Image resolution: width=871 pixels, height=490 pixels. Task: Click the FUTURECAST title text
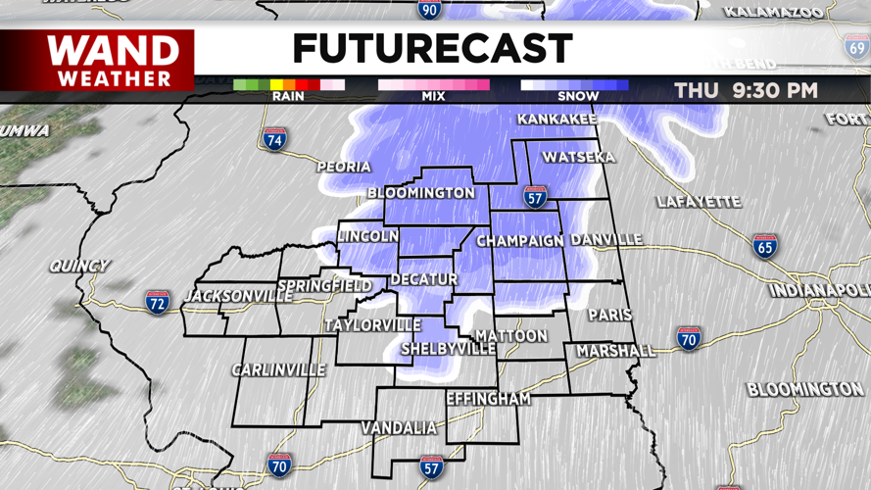click(432, 48)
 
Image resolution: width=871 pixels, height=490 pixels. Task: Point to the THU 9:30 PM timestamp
click(746, 91)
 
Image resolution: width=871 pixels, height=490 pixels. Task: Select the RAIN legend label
click(288, 96)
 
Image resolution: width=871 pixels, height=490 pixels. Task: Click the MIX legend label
click(433, 96)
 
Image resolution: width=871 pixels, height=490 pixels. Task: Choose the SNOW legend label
click(578, 96)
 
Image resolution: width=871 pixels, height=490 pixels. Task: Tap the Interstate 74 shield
click(275, 139)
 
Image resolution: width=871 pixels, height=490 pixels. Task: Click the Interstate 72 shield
click(158, 301)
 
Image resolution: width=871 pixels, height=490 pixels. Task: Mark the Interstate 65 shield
click(764, 246)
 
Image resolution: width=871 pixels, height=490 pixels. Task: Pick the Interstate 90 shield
click(429, 10)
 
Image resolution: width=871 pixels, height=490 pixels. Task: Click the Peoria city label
click(344, 168)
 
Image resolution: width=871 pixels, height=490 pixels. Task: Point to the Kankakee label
click(556, 120)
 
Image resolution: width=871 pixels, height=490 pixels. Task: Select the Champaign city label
click(519, 241)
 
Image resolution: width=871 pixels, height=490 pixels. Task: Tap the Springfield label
click(324, 286)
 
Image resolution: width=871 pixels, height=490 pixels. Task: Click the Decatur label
click(423, 279)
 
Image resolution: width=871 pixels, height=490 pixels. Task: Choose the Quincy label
click(79, 266)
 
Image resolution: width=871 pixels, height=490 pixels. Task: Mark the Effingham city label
click(488, 399)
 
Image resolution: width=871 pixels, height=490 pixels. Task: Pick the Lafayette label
click(699, 202)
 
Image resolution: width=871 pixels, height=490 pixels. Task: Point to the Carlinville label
click(278, 370)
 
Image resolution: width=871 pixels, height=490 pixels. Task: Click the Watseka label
click(578, 158)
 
